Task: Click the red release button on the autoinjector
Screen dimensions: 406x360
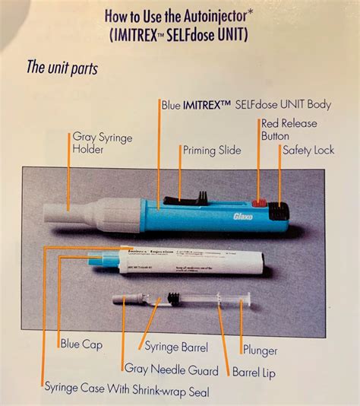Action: click(258, 204)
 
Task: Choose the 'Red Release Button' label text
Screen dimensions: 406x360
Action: click(288, 129)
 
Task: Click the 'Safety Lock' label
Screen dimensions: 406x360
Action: click(308, 151)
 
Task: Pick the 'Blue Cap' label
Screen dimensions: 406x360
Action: click(81, 344)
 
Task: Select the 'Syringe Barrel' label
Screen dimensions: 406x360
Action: click(176, 347)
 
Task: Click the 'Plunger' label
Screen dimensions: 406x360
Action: click(260, 350)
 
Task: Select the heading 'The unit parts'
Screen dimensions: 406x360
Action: click(62, 68)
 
